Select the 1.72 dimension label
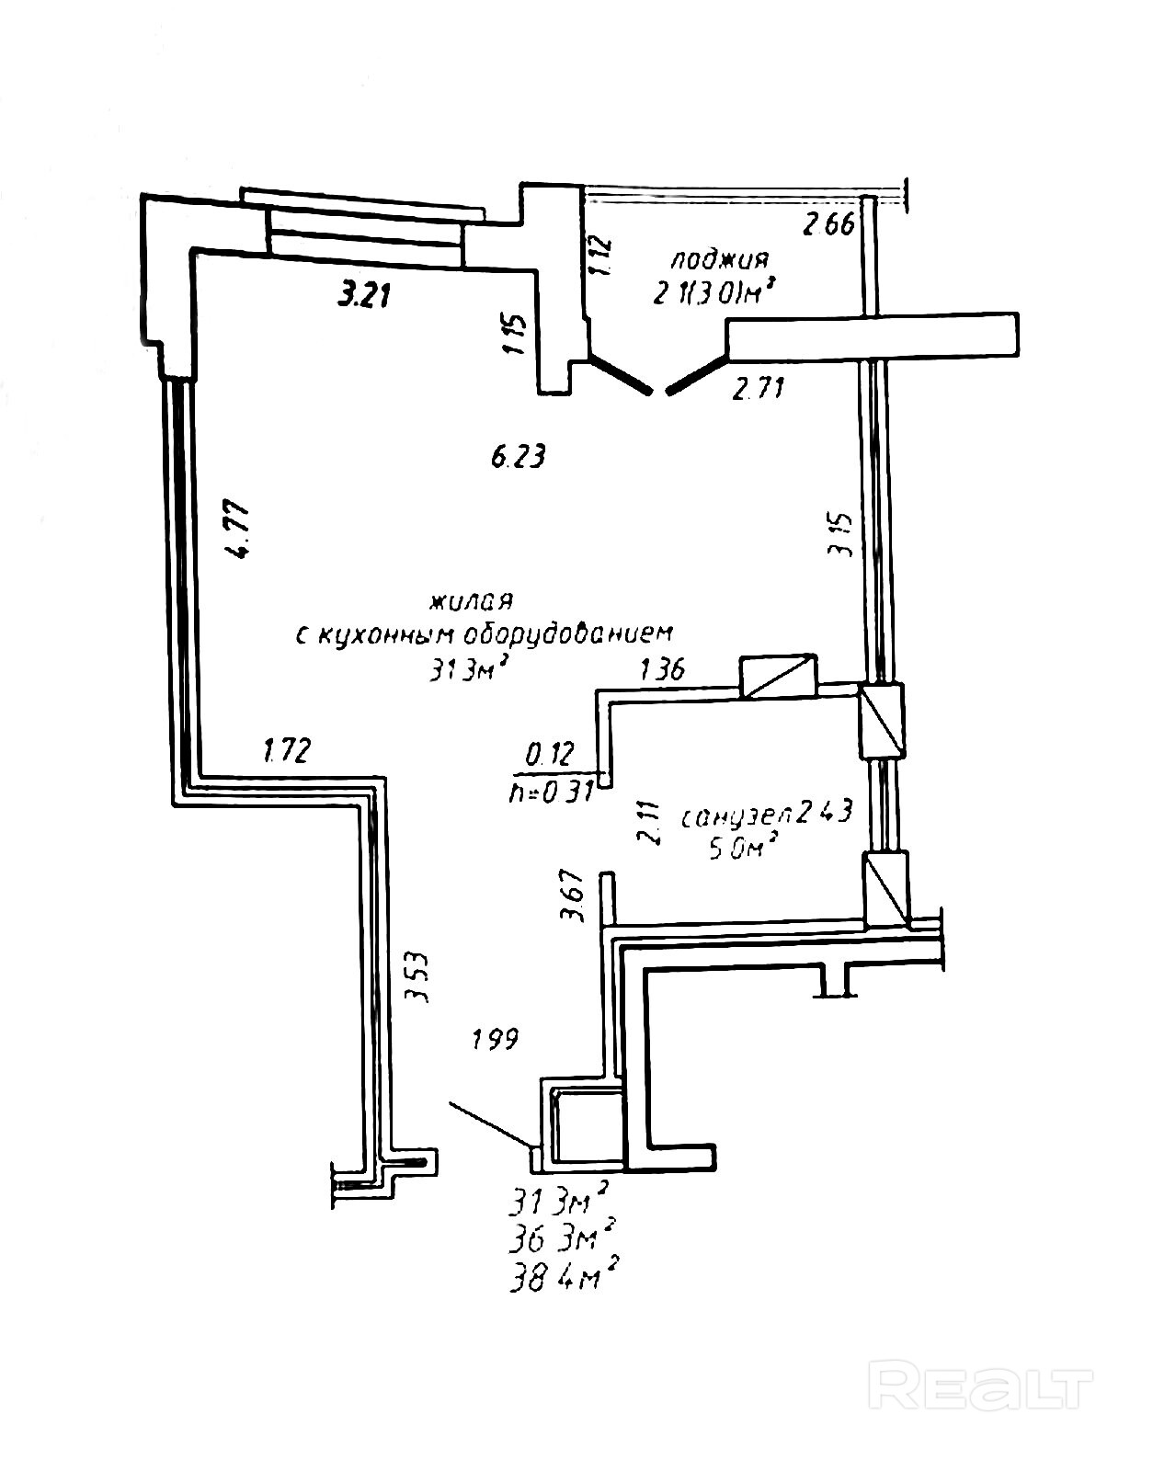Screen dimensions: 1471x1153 (287, 750)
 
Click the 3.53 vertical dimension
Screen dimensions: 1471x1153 (420, 980)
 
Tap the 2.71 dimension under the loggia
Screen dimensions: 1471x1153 (759, 389)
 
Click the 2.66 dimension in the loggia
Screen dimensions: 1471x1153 (830, 224)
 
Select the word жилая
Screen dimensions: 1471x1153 (471, 602)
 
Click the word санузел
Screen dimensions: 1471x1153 (736, 815)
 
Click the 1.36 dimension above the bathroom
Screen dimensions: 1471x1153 (662, 669)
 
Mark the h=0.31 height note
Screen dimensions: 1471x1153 (550, 792)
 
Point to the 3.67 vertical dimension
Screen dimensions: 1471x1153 (573, 896)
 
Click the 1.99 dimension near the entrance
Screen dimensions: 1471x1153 (496, 1040)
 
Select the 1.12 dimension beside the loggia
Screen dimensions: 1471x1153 (599, 256)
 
